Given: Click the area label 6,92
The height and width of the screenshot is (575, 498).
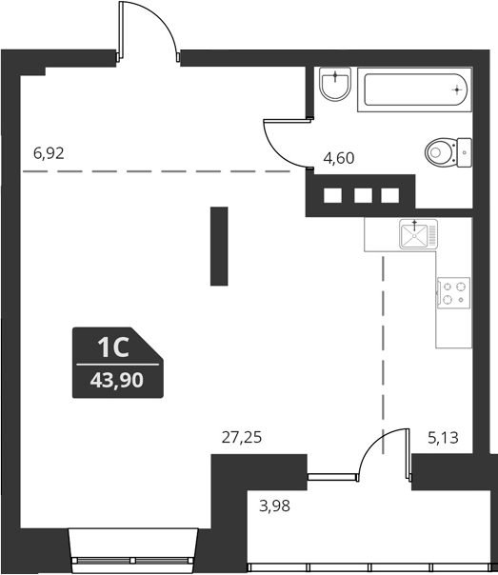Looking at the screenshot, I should coord(54,151).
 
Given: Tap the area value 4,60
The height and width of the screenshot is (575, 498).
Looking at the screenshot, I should coord(339,158).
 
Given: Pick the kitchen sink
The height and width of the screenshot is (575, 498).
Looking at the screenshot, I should coord(416,233).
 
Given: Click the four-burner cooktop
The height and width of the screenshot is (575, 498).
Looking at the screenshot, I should coord(453,292).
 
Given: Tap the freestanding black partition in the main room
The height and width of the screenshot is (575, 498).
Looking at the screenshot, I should coord(220,246).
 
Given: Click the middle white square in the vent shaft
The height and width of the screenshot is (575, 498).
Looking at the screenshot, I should coord(361,197).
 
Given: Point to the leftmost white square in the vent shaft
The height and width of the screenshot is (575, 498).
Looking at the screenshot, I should coord(333,197).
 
